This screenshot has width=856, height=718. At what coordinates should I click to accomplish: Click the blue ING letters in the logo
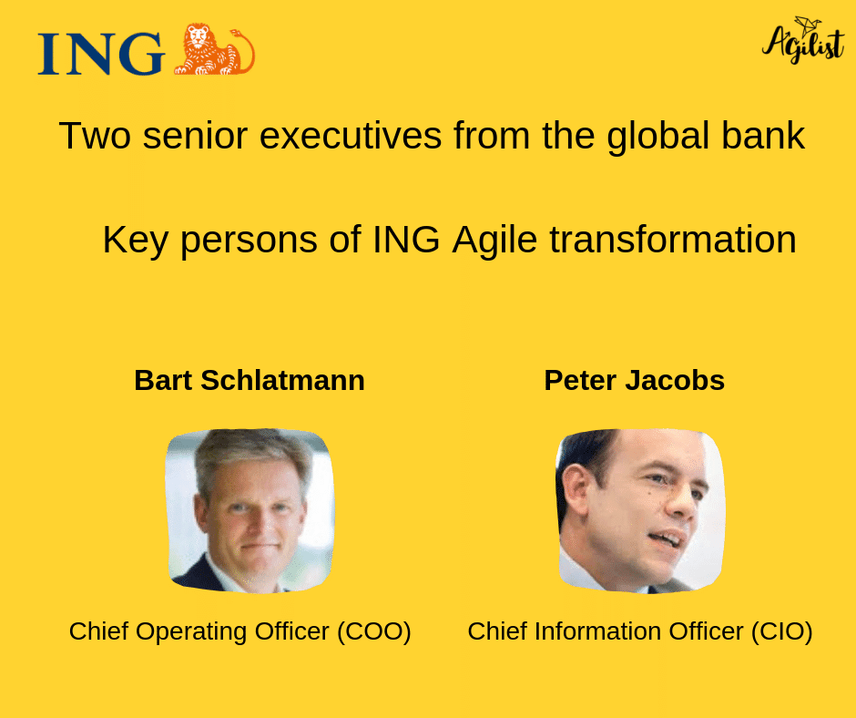point(100,53)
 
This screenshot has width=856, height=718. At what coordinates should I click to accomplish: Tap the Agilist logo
point(802,41)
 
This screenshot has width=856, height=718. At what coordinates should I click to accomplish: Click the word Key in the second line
point(136,241)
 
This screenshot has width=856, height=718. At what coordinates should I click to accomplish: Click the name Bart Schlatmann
point(250,380)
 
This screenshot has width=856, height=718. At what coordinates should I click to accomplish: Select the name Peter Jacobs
point(634,380)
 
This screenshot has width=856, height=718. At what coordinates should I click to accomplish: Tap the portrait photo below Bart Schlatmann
point(250,509)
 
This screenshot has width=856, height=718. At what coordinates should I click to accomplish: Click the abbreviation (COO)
point(373,631)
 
